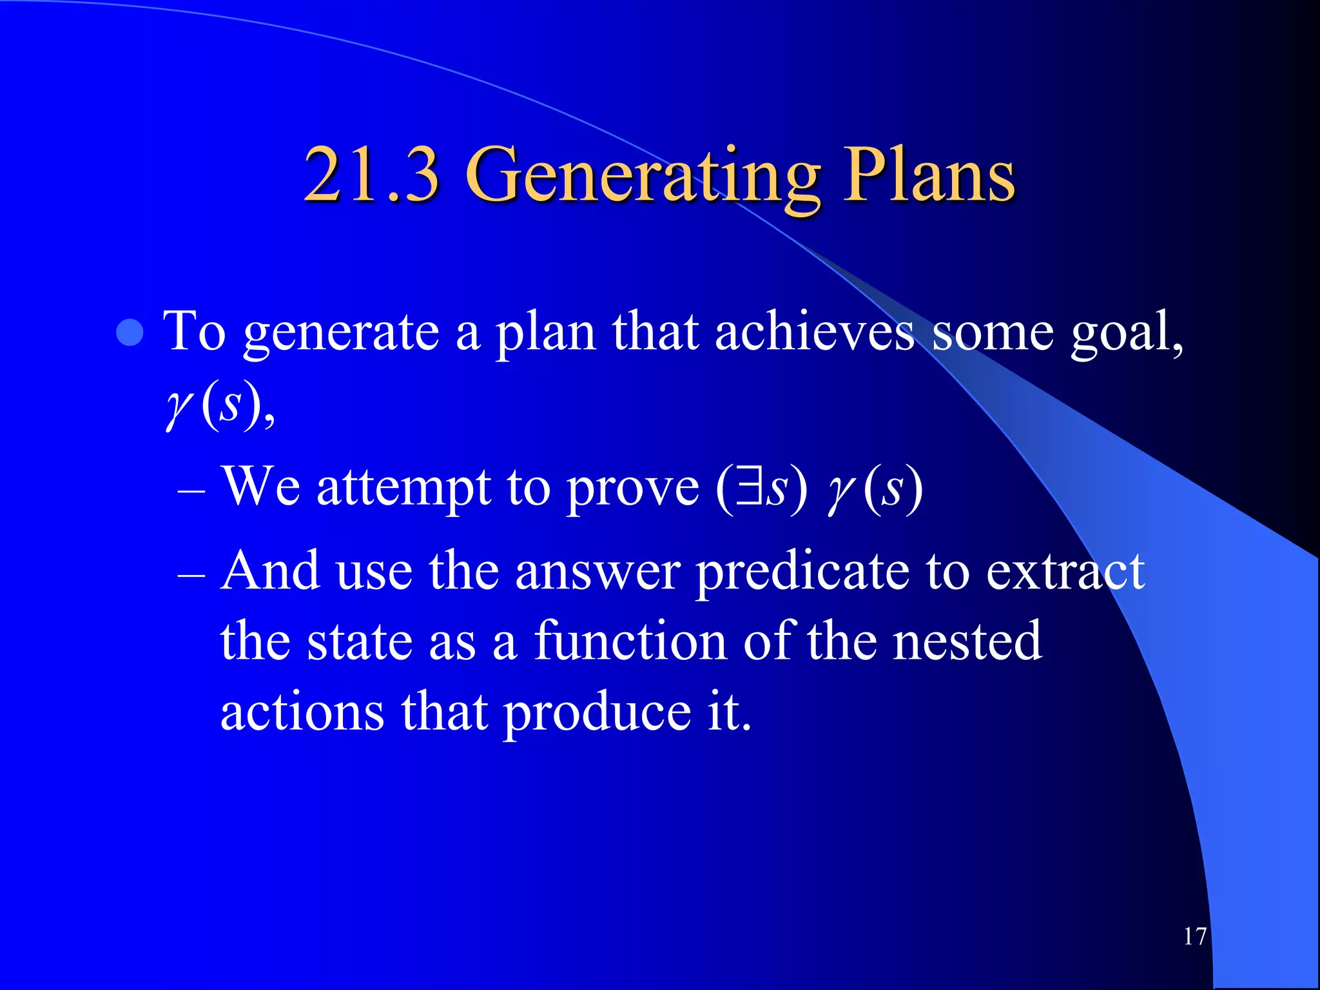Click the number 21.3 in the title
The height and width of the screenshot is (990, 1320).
click(372, 175)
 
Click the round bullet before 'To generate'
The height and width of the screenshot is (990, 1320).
click(131, 333)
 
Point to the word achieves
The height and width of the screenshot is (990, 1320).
click(815, 332)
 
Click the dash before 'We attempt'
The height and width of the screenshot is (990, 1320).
click(191, 492)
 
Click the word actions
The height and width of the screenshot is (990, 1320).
click(302, 712)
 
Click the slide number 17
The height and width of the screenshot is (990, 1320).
click(1194, 937)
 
